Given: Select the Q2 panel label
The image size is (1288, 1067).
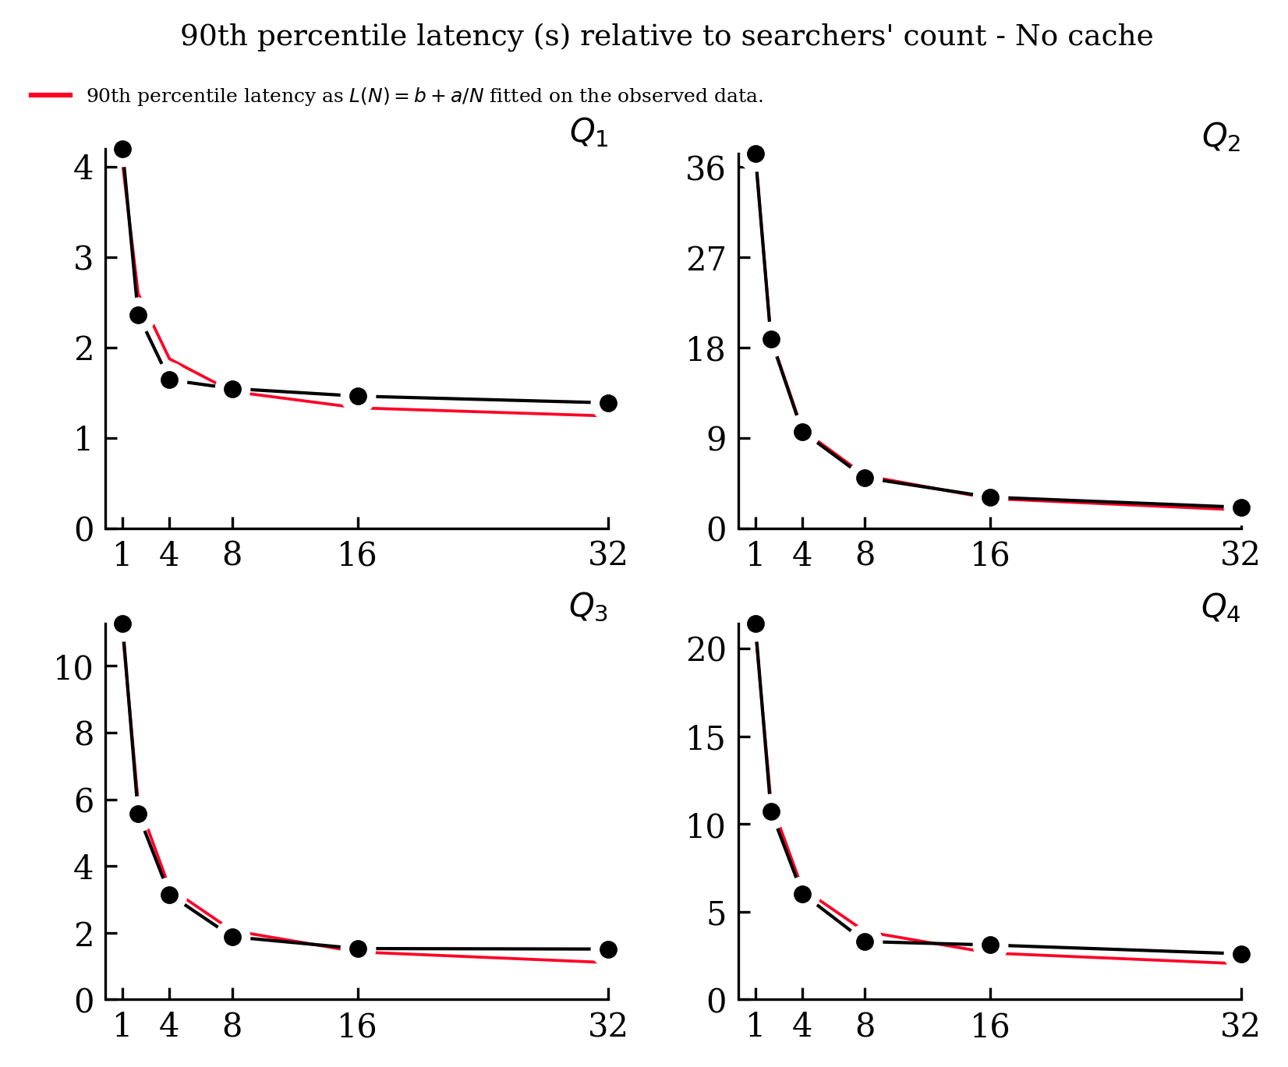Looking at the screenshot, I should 1221,138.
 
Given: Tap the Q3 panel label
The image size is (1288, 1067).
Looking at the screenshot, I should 589,607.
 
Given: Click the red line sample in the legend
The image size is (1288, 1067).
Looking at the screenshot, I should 51,96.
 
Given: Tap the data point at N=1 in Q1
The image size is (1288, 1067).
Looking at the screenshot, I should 122,149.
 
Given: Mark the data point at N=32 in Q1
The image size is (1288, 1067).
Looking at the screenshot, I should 608,403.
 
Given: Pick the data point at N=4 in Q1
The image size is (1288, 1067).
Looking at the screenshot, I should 169,380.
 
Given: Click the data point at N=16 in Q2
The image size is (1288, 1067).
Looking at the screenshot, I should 990,497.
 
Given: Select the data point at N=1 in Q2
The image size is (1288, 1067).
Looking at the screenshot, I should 755,154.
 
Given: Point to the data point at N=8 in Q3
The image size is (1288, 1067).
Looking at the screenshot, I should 232,937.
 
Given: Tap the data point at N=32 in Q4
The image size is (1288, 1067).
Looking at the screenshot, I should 1241,954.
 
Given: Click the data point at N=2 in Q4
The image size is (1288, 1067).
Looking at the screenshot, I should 771,811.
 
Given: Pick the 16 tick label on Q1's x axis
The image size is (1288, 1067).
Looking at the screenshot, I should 357,555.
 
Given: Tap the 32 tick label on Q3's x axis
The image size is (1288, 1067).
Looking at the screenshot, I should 608,1026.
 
